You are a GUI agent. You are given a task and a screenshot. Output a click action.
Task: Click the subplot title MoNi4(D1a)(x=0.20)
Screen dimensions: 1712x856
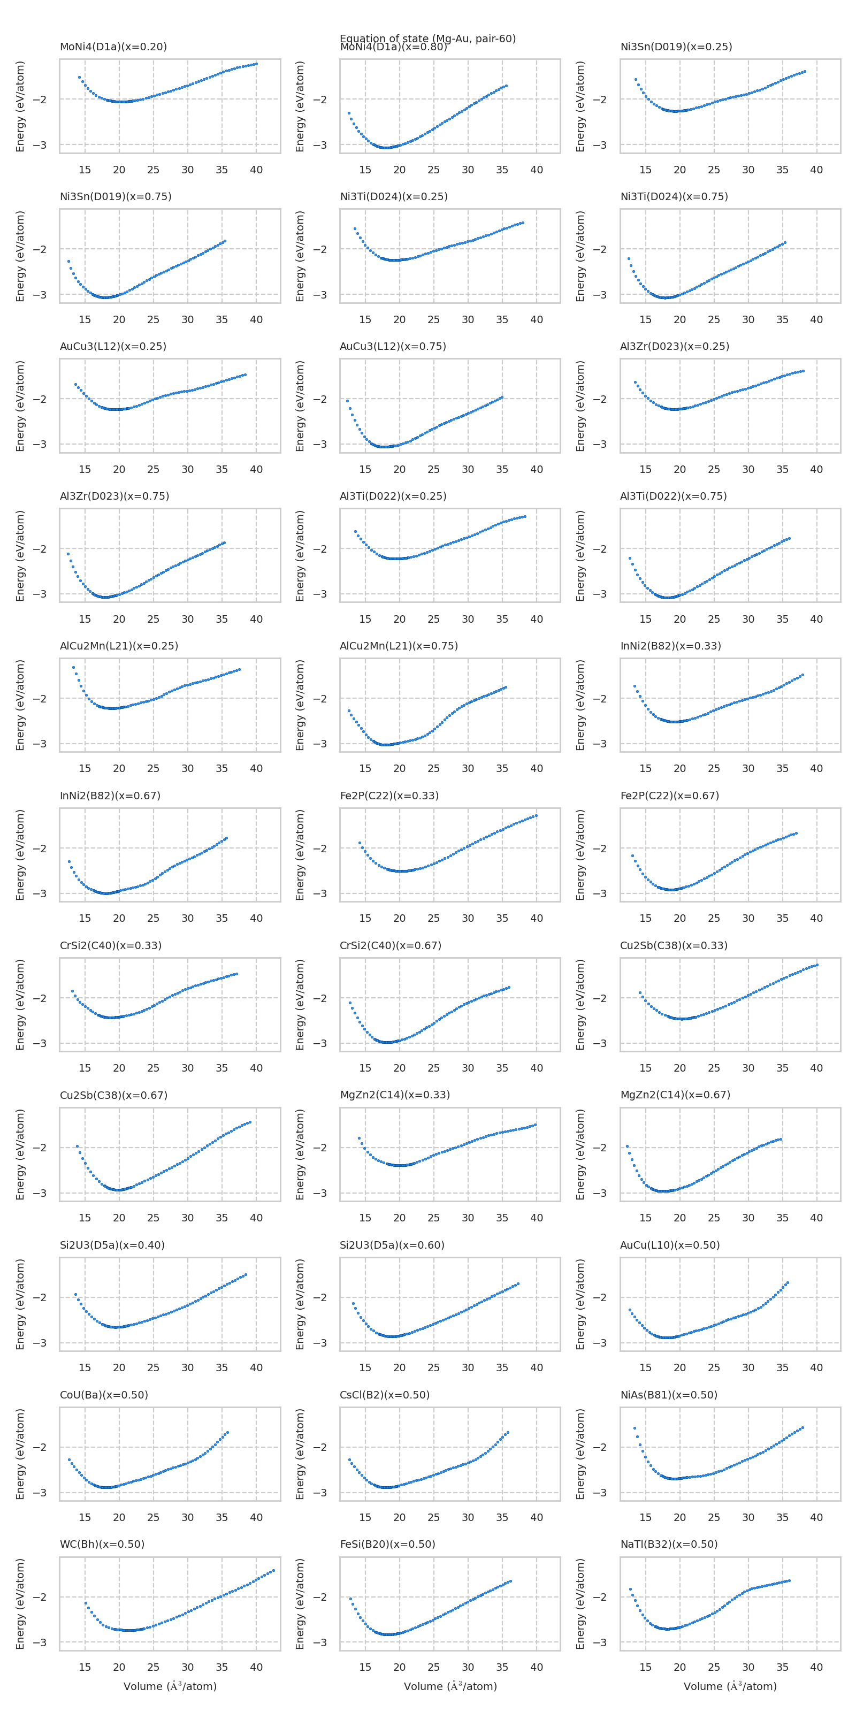point(113,47)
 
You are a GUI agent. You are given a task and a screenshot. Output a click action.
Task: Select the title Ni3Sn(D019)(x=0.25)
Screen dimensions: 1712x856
point(676,47)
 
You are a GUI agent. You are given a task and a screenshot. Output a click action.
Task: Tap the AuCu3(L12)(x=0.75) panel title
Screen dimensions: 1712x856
point(393,346)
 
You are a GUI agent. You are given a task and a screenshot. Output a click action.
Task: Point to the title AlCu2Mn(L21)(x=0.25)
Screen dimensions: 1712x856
point(119,646)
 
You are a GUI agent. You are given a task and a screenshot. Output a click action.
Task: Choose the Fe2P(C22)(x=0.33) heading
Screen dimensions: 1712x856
point(389,796)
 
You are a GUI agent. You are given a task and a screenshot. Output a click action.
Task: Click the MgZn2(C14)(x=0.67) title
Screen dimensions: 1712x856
point(675,1095)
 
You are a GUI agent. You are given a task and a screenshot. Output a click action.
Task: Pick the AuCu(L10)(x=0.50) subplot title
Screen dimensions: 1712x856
point(670,1245)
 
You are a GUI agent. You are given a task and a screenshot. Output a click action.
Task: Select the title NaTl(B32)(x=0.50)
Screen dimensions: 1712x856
point(669,1544)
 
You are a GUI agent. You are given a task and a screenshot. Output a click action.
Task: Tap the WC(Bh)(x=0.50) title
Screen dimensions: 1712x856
point(102,1544)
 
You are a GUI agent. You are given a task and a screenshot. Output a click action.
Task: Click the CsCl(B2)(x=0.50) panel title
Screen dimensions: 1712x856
point(385,1394)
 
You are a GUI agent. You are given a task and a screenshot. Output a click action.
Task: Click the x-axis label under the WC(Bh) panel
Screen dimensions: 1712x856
point(170,1686)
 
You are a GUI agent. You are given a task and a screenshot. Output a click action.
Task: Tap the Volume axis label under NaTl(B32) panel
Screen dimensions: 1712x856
point(730,1686)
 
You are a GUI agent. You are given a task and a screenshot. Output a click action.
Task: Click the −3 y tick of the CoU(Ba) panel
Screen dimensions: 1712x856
point(40,1493)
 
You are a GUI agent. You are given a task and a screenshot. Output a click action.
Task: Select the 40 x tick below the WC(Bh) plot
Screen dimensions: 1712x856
point(256,1667)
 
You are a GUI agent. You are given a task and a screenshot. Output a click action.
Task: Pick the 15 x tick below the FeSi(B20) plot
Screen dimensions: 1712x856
point(365,1667)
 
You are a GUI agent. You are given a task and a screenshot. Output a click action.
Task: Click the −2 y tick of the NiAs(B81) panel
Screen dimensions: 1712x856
point(600,1447)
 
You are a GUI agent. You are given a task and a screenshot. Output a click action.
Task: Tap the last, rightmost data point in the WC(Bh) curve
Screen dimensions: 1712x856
point(274,1570)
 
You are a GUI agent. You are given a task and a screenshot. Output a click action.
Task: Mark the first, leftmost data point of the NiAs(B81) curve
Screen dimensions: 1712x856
point(635,1427)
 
